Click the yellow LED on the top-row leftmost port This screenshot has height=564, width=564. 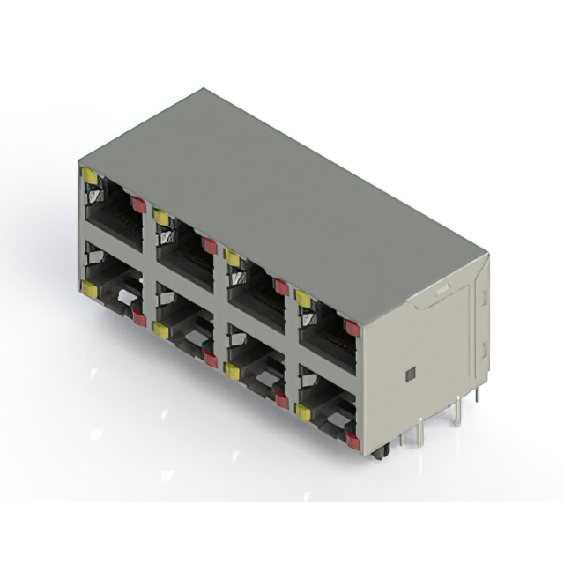(90, 176)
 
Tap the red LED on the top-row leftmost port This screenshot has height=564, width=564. (138, 204)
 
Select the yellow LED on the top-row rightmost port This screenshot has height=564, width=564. (303, 299)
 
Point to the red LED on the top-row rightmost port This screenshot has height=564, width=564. (352, 328)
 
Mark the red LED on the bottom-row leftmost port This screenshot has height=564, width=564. (138, 318)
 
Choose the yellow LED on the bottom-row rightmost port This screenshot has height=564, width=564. (303, 412)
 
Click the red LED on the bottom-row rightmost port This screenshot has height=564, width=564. (352, 441)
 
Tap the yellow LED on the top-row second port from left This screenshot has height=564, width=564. (161, 217)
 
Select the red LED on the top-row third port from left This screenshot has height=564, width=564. (281, 286)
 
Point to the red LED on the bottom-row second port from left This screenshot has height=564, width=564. (210, 358)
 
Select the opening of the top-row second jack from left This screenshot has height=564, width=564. (184, 250)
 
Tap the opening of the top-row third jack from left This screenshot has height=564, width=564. (256, 291)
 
